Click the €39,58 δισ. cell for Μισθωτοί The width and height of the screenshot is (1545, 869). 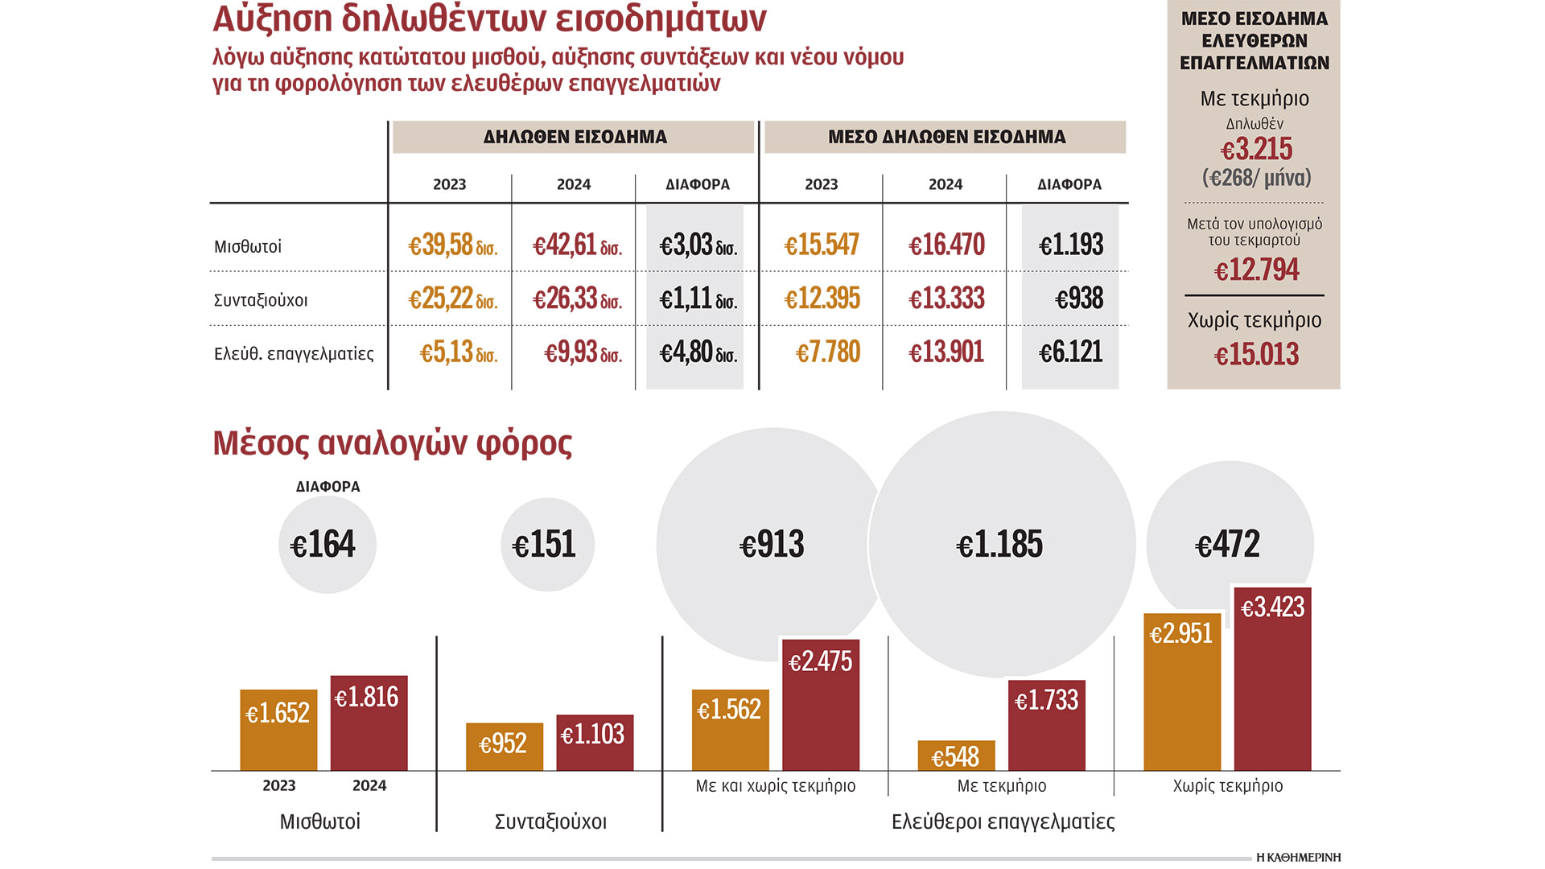[x=452, y=245]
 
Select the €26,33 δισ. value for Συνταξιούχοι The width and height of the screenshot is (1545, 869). [x=577, y=299]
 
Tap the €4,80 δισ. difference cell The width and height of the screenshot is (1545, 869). [x=698, y=352]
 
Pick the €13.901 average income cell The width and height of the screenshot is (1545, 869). [x=946, y=352]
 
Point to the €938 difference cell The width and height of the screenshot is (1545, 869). [x=1078, y=299]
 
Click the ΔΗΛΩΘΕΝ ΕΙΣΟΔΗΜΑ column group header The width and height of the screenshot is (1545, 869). [x=575, y=137]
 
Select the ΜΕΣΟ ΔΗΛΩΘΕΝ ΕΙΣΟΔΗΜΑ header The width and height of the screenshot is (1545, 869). [x=946, y=137]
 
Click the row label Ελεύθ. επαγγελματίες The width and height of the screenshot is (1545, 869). [x=294, y=354]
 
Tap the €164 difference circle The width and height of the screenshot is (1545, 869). [x=326, y=545]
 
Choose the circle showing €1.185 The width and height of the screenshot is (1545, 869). [x=1000, y=545]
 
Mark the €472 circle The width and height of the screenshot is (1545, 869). [x=1228, y=545]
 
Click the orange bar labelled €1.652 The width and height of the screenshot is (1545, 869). [x=278, y=731]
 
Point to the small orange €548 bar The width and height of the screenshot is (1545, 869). [x=956, y=756]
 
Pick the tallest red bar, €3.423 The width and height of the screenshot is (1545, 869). [x=1272, y=680]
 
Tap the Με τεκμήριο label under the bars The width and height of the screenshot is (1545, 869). [x=1001, y=786]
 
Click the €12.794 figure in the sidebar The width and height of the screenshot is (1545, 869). [x=1255, y=270]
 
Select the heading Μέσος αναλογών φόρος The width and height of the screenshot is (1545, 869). [x=392, y=443]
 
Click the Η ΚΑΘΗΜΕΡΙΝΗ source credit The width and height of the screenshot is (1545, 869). [x=1298, y=858]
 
